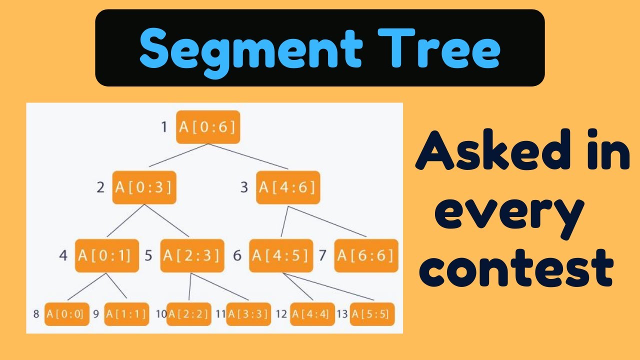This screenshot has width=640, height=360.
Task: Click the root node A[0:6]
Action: [208, 127]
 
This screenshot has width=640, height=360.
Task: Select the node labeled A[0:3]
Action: [144, 187]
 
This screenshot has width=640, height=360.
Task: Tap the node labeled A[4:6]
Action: [287, 187]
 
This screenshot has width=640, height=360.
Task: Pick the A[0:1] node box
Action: [107, 255]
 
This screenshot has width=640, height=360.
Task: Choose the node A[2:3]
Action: [192, 255]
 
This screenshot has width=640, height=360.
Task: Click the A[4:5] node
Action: [280, 255]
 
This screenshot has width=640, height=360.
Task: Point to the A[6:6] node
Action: [366, 255]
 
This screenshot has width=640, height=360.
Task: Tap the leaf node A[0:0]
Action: [66, 314]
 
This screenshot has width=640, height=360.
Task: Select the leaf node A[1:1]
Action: [126, 314]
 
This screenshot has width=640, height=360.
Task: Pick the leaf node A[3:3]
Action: [248, 314]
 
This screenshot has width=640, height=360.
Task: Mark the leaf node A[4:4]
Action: [312, 314]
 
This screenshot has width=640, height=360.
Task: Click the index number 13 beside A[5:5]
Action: [342, 314]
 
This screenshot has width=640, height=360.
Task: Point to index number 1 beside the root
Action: [164, 127]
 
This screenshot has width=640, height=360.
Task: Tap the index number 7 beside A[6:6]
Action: [322, 255]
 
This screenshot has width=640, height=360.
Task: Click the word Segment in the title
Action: [250, 48]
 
